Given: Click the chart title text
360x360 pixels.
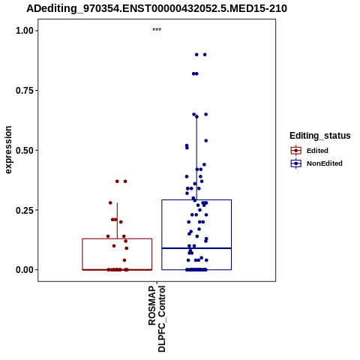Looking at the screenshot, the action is pos(157,8).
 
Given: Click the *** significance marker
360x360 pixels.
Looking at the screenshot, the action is pos(157,30).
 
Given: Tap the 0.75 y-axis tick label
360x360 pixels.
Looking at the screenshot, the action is pos(25,90).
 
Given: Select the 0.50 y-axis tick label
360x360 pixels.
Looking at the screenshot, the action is pos(25,150).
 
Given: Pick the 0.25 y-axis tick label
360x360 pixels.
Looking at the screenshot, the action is pos(25,210).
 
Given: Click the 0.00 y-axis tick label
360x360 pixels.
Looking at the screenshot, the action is pos(25,270).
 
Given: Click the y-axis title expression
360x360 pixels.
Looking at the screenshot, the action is pos(8,150).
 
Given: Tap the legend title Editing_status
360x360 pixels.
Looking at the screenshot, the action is pos(320,136).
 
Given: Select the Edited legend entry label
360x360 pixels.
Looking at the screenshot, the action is pos(317,151).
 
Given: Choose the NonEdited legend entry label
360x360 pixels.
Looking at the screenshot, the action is pos(325,163).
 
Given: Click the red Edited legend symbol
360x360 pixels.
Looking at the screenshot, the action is pos(296,151).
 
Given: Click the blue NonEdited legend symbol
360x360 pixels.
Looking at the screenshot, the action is pos(296,163).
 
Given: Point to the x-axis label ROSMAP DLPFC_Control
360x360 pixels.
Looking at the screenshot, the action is pos(157,319).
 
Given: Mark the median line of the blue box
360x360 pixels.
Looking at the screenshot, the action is pos(196,248).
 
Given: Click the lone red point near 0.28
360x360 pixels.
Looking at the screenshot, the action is pos(110,202).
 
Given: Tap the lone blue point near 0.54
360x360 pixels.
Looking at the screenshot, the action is pos(206,141).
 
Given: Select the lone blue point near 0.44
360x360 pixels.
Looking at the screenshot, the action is pos(204,164).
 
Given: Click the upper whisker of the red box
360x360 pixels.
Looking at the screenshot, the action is pos(117,220).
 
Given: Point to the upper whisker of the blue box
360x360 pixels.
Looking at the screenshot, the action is pos(196,158).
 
